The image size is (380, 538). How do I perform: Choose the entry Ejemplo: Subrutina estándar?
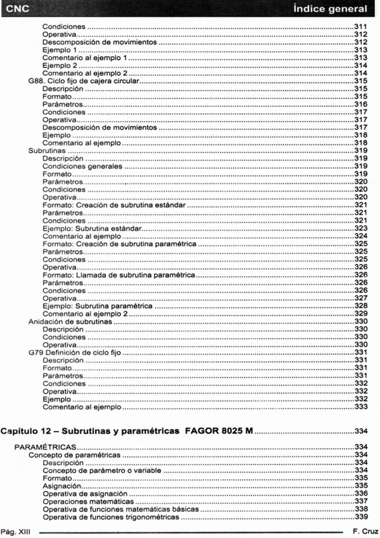(x=91, y=228)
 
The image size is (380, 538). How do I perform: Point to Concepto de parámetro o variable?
(x=101, y=471)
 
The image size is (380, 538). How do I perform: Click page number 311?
(x=361, y=28)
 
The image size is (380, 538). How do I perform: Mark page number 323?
(x=361, y=228)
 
